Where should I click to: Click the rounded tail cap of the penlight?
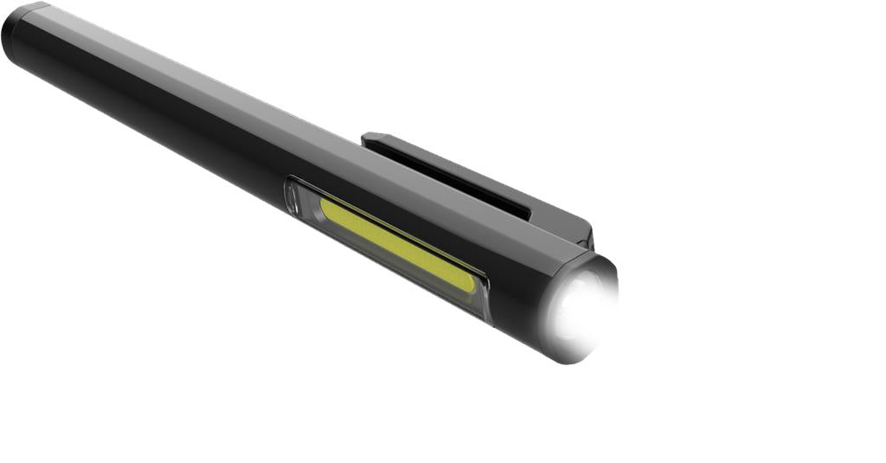tap(17, 35)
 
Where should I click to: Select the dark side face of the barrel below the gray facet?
tap(173, 130)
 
